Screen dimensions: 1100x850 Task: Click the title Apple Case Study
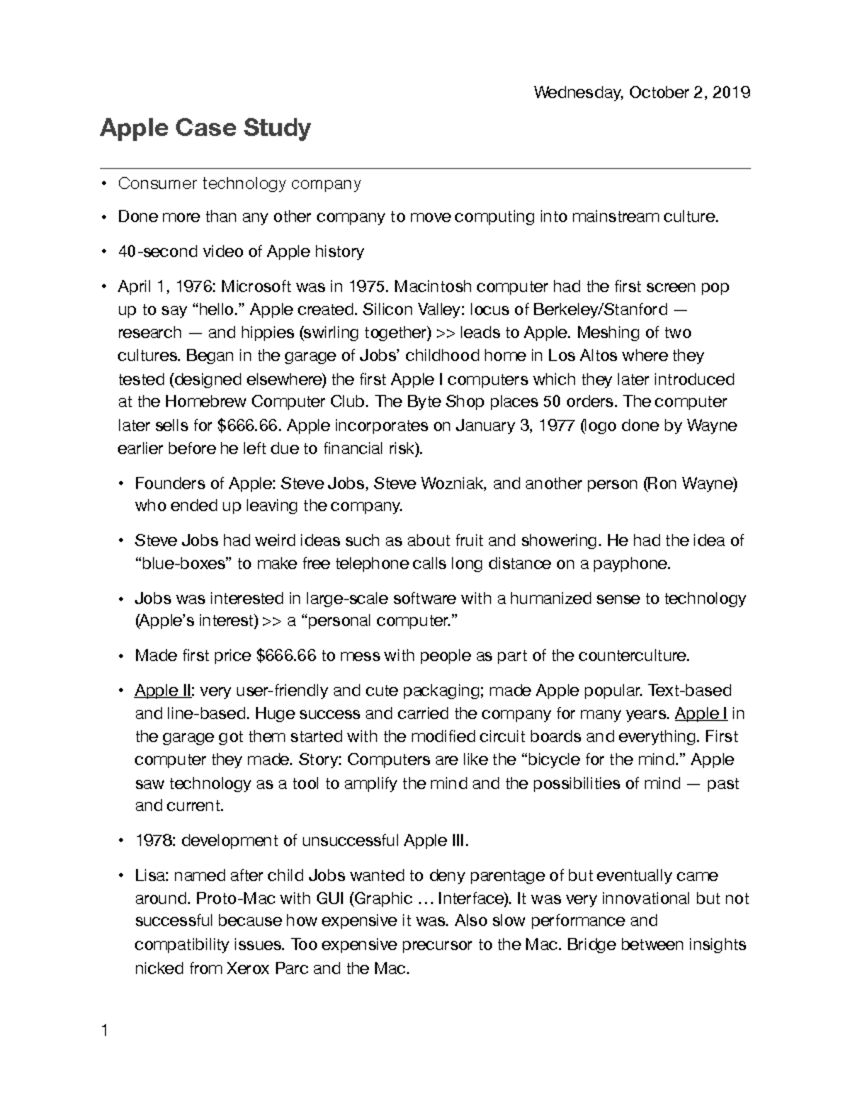point(205,129)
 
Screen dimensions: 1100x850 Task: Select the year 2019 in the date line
point(732,93)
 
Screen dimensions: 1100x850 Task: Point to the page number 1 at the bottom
point(104,1031)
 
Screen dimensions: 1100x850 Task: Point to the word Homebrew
point(200,402)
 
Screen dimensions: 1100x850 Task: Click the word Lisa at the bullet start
point(149,875)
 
